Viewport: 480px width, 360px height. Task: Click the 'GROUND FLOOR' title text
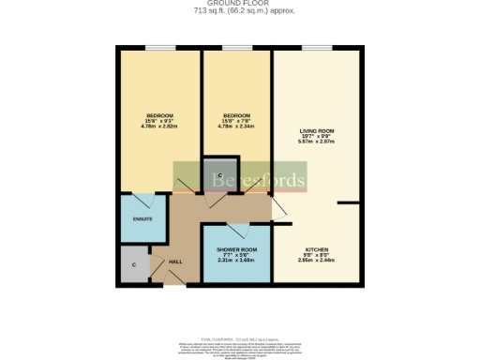pos(239,5)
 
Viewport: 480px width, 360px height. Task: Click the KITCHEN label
pos(315,253)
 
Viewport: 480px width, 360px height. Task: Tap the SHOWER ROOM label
pos(236,253)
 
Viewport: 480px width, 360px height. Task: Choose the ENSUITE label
pos(142,218)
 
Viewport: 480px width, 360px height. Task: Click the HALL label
pos(174,262)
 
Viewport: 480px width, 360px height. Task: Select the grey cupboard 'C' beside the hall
pos(134,265)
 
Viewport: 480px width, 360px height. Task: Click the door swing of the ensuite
pos(145,202)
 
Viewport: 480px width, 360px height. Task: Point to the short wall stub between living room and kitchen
pos(350,202)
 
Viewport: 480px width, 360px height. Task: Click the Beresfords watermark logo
pos(239,179)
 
